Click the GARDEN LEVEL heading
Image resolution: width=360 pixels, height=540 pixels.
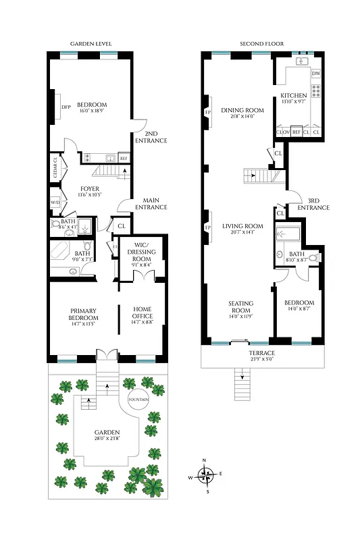(x=91, y=44)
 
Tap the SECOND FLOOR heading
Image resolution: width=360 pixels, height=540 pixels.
(x=261, y=44)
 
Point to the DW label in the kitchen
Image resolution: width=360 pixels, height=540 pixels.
(x=316, y=73)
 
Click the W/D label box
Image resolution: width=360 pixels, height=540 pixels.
(x=55, y=202)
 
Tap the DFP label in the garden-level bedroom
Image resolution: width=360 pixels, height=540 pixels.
(x=66, y=107)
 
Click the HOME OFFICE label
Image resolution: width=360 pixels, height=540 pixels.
(x=143, y=312)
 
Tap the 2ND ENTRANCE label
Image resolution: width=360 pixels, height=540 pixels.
(x=151, y=137)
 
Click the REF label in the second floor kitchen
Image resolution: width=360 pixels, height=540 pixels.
(x=296, y=132)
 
